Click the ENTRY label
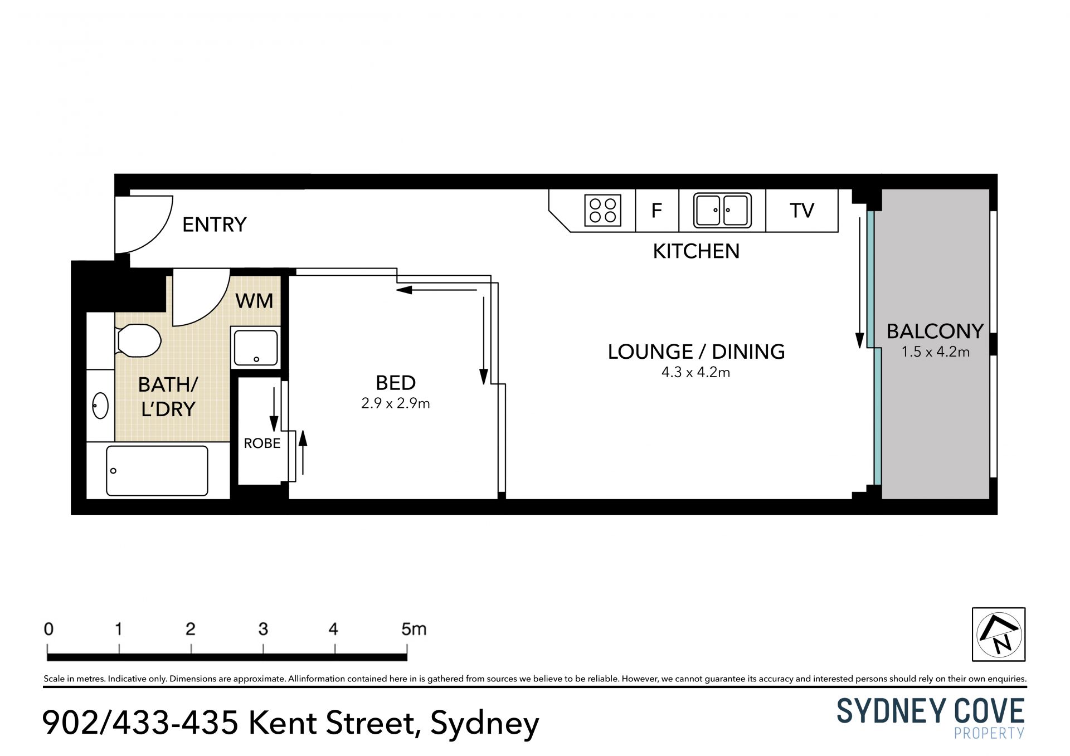click(x=214, y=225)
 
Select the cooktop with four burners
click(x=602, y=211)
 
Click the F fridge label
click(x=656, y=210)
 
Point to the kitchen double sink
click(x=722, y=211)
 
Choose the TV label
click(x=802, y=210)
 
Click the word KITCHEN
click(x=696, y=251)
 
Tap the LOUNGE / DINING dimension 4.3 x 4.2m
click(x=695, y=372)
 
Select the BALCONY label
click(x=935, y=331)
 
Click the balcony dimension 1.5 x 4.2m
click(x=936, y=352)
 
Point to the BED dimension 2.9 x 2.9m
click(x=396, y=403)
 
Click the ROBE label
click(x=262, y=443)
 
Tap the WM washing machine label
click(x=254, y=301)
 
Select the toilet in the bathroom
click(x=138, y=340)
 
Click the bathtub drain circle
click(x=113, y=471)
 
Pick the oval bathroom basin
click(x=100, y=406)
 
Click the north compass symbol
click(x=999, y=634)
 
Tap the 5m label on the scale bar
click(x=414, y=629)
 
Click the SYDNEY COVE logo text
click(x=931, y=711)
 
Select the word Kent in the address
click(x=283, y=723)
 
